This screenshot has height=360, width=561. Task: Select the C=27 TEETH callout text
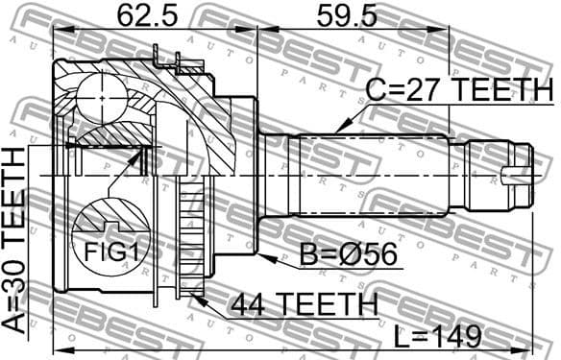pos(458,91)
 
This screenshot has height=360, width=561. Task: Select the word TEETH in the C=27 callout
pos(500,91)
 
